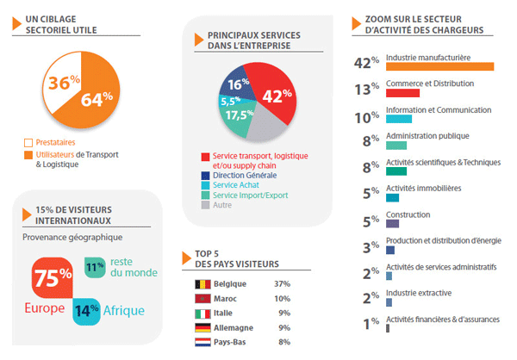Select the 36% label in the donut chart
click(x=64, y=84)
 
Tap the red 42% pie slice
click(x=272, y=96)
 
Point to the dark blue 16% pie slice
click(x=237, y=84)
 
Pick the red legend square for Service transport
click(x=205, y=156)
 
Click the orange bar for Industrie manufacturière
click(x=439, y=66)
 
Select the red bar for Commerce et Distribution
click(x=402, y=93)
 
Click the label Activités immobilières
click(x=424, y=188)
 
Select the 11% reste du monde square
click(x=95, y=268)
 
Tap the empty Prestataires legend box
click(x=28, y=142)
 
